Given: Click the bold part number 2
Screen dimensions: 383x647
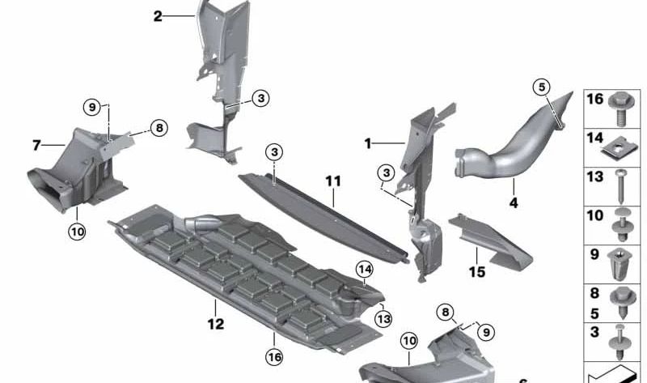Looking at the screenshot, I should [x=158, y=15].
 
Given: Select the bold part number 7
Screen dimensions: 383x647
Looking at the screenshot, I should [x=36, y=146].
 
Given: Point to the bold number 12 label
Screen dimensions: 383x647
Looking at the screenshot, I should [x=216, y=307].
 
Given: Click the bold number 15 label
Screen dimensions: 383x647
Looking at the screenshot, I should [x=477, y=272].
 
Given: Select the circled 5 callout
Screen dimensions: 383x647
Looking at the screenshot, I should [x=542, y=87].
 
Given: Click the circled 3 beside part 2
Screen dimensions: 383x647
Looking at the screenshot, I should [x=260, y=98].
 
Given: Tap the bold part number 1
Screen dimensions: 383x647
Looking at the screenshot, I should [x=367, y=144].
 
